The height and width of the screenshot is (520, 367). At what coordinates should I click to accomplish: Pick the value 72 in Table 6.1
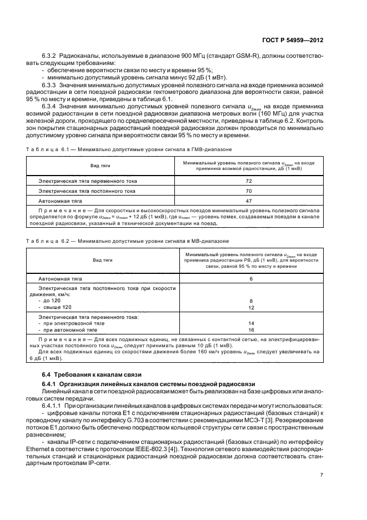click(x=248, y=181)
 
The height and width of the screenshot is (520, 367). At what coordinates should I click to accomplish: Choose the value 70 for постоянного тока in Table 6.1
click(x=248, y=191)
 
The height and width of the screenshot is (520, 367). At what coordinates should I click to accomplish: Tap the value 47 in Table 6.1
click(x=248, y=201)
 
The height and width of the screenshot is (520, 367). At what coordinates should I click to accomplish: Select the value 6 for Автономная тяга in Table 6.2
click(x=251, y=278)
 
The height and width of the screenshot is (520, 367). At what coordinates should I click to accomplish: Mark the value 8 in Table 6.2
click(x=251, y=301)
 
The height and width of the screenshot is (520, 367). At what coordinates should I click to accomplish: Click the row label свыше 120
click(x=55, y=307)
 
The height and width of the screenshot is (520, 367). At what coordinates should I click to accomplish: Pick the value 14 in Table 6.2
click(x=251, y=323)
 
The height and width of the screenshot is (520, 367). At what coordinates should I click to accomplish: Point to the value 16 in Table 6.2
click(x=251, y=329)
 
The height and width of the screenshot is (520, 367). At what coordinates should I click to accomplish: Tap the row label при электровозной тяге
click(x=67, y=323)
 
